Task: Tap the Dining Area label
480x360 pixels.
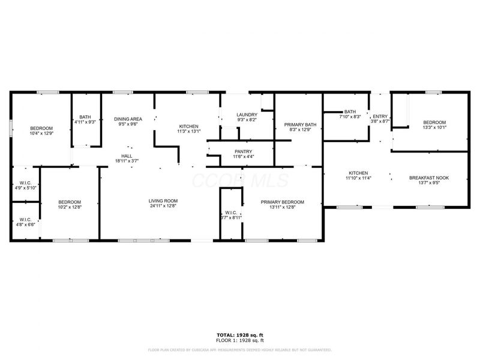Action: tap(128, 119)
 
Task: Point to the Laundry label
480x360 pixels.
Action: tap(247, 115)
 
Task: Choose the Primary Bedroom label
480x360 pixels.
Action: tap(282, 202)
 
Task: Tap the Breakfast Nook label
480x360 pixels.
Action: tap(428, 178)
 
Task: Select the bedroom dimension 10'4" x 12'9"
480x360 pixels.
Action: tap(41, 133)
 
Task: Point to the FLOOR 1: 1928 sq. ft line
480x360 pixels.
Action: tap(239, 340)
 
